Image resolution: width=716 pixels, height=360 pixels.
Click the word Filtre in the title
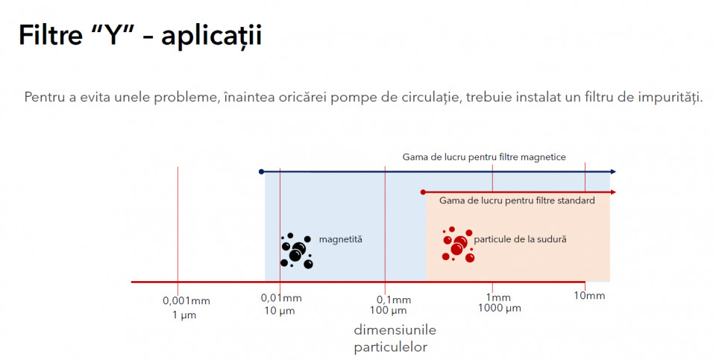(51, 34)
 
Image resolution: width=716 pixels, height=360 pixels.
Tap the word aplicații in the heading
(212, 36)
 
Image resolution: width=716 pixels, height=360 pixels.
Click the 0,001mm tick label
(186, 301)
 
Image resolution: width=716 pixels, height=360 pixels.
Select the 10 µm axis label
(280, 312)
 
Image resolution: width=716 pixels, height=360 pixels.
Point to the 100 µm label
(388, 312)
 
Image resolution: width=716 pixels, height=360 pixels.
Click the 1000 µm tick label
(500, 309)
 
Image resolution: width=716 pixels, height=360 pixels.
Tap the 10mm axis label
(589, 296)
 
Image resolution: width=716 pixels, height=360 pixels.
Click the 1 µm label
(184, 315)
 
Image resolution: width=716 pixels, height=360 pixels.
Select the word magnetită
(341, 239)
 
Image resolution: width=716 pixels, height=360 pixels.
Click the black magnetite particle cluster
(297, 251)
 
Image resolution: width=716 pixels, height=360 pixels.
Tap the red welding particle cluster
(458, 245)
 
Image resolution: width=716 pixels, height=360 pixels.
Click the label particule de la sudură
(520, 239)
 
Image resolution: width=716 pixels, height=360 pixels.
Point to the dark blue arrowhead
(613, 172)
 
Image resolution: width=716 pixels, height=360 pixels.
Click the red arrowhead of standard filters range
(613, 192)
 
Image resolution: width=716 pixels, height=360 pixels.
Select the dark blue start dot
(261, 172)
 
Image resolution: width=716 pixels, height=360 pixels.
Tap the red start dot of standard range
(424, 192)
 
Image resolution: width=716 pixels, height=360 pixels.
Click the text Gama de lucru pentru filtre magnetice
(484, 157)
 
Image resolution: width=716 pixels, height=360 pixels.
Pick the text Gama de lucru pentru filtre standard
(517, 200)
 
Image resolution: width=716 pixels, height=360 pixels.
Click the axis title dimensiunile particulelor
(395, 338)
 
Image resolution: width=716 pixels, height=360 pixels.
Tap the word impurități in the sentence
(667, 98)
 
